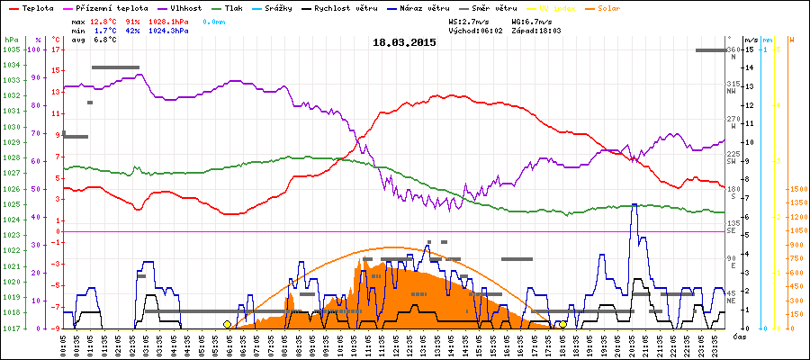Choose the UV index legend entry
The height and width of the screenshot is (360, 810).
click(566, 7)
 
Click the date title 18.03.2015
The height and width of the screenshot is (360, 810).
click(404, 41)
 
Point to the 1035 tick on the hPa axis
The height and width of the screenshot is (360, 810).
click(11, 49)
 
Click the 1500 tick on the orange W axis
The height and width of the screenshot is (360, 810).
click(796, 189)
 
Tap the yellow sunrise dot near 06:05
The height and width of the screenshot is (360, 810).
click(227, 324)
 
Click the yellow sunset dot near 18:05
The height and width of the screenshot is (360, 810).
click(562, 324)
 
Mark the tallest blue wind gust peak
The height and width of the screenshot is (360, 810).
click(634, 205)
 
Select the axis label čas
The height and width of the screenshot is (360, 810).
click(738, 337)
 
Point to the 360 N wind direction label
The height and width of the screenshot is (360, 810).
click(732, 52)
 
